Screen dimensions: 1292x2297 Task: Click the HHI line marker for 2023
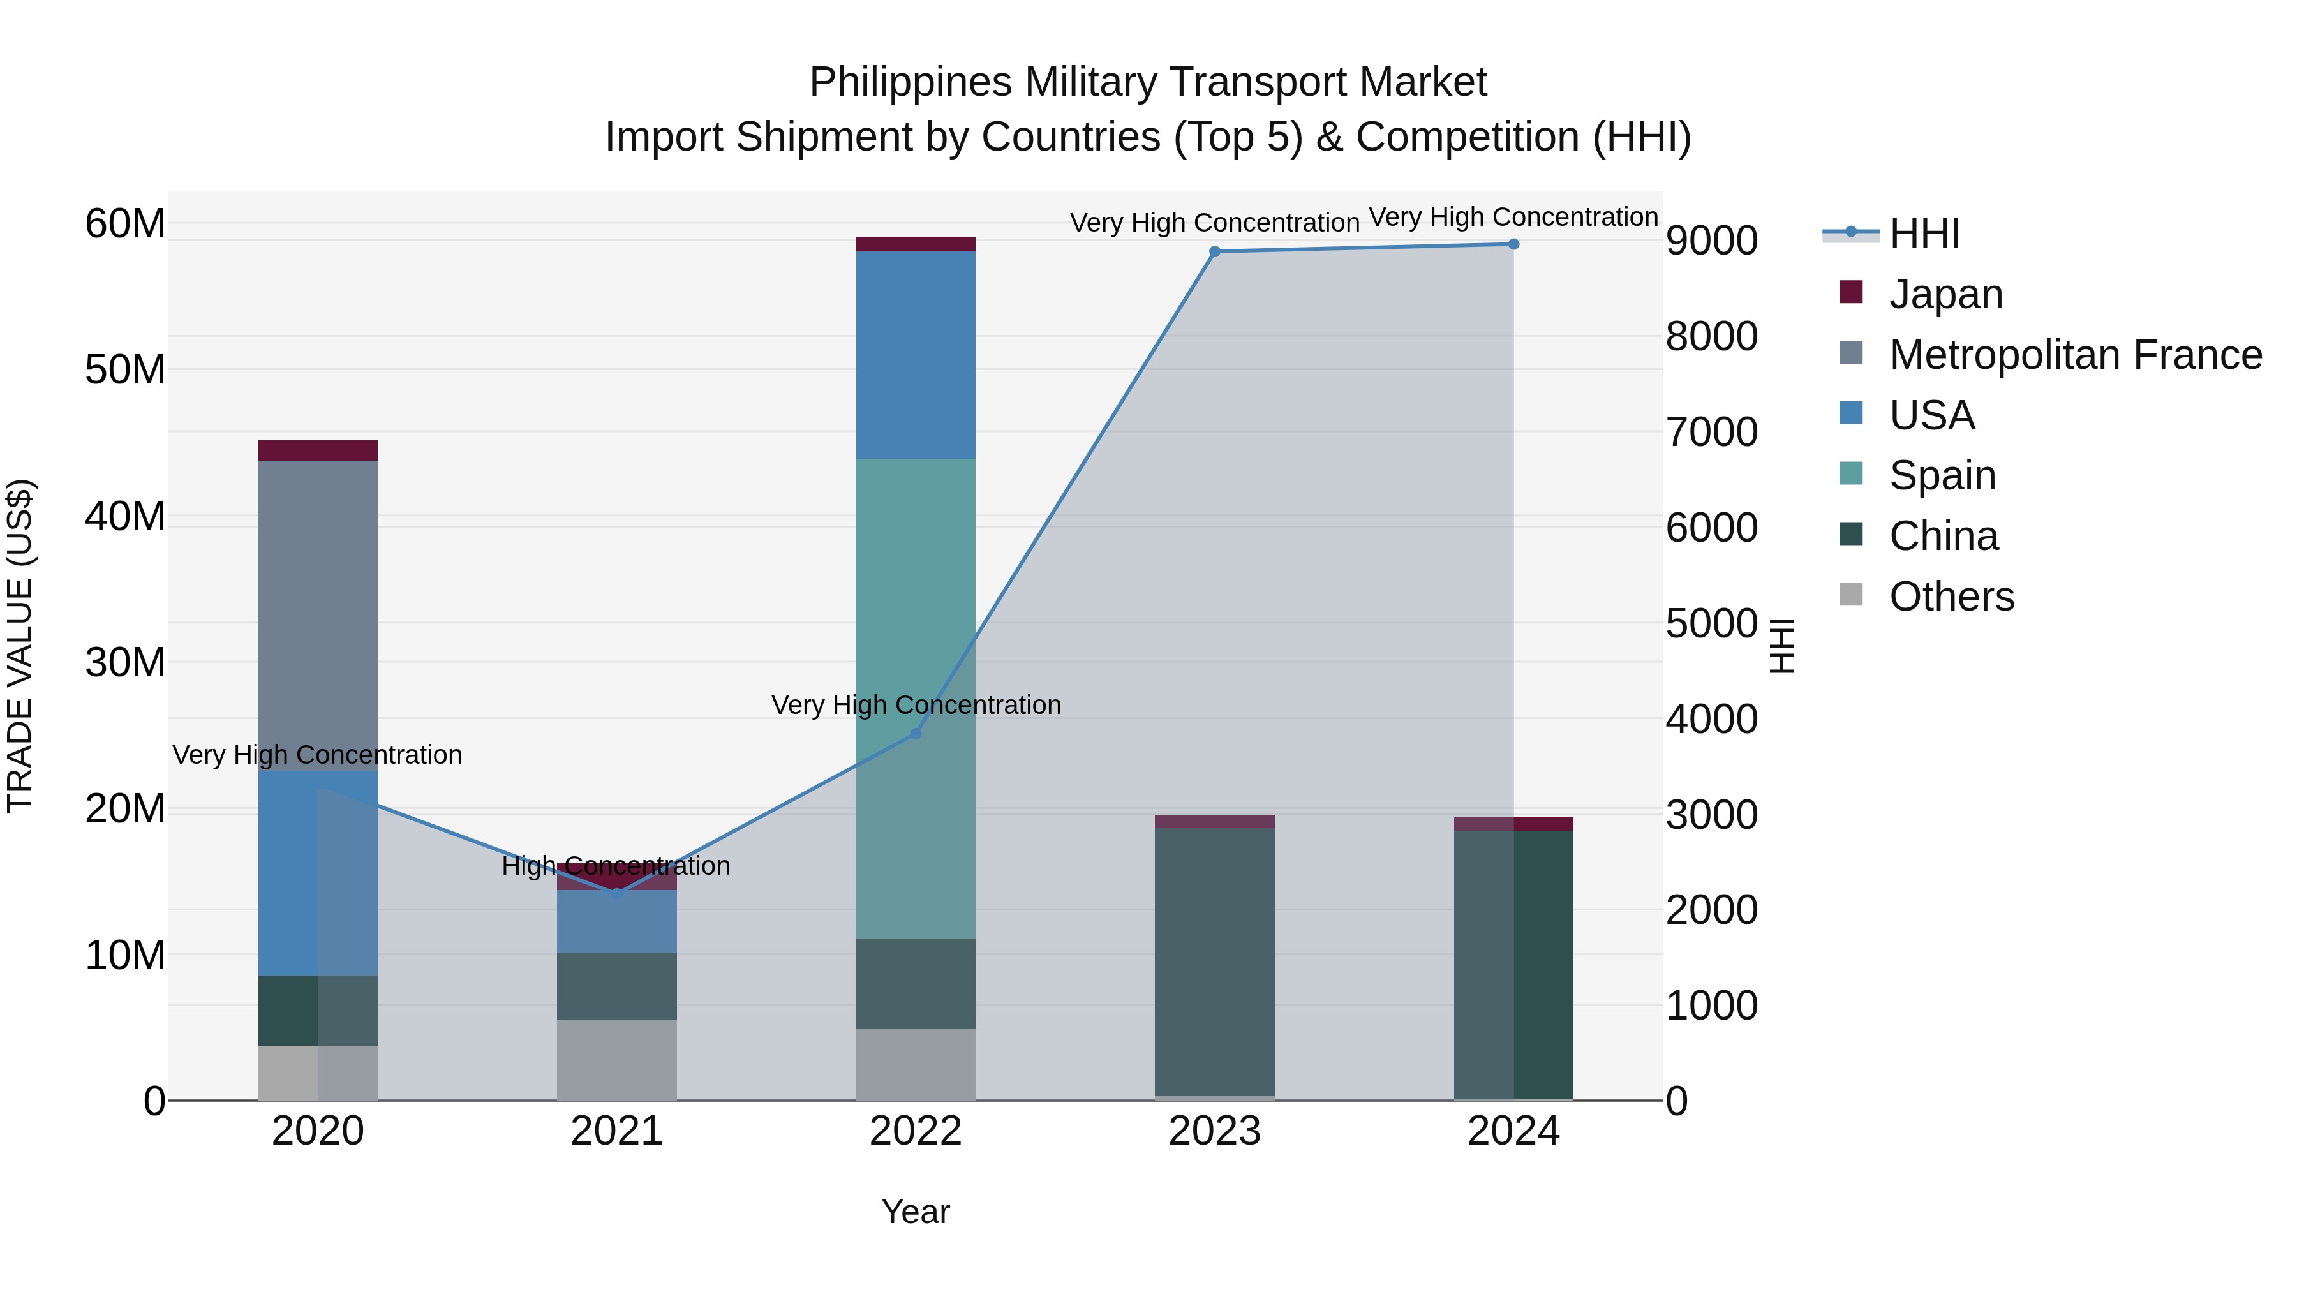click(1214, 251)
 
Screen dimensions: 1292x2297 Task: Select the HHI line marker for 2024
click(1513, 244)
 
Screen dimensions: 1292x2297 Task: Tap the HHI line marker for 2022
click(916, 733)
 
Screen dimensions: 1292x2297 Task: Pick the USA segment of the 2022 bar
click(916, 355)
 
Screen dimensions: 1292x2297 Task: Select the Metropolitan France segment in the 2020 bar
click(318, 615)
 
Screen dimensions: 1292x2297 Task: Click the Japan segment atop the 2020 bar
click(318, 450)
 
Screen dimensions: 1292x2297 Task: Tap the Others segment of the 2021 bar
click(617, 1060)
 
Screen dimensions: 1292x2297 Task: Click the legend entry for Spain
click(1942, 475)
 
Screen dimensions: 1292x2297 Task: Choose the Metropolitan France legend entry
click(2075, 355)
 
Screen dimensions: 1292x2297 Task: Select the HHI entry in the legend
click(1924, 234)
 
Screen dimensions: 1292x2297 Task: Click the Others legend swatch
click(1851, 595)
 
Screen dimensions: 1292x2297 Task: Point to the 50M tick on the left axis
click(125, 370)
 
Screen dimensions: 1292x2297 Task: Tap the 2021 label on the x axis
click(617, 1131)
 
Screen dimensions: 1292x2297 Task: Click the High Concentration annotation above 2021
click(616, 866)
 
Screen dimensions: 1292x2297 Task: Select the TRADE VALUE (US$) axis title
click(20, 646)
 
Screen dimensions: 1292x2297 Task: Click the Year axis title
click(916, 1212)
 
